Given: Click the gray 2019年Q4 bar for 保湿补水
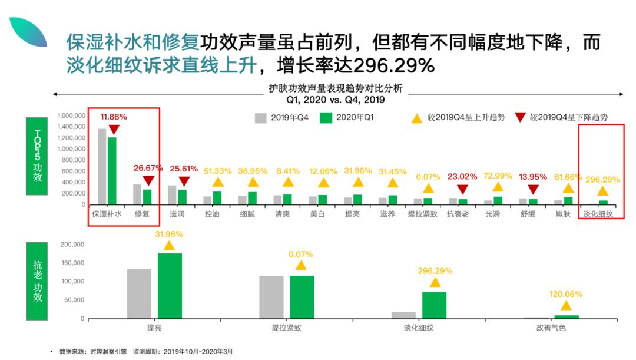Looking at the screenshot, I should tap(102, 167).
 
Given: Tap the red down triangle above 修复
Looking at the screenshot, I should tap(148, 181).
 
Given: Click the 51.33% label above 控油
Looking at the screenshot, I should tap(218, 171).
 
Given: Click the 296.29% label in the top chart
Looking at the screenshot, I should tap(602, 179).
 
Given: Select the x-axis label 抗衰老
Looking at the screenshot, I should tap(458, 215).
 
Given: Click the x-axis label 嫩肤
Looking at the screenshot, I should tap(563, 215).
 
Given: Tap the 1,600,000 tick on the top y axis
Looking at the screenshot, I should tap(72, 116).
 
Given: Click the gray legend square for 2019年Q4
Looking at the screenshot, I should tap(261, 118).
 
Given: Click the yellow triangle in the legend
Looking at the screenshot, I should tap(416, 118).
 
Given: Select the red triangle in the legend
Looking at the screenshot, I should tap(519, 118).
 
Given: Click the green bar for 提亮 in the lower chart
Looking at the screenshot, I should tap(170, 286).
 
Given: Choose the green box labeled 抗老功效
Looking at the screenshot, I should tap(38, 281).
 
